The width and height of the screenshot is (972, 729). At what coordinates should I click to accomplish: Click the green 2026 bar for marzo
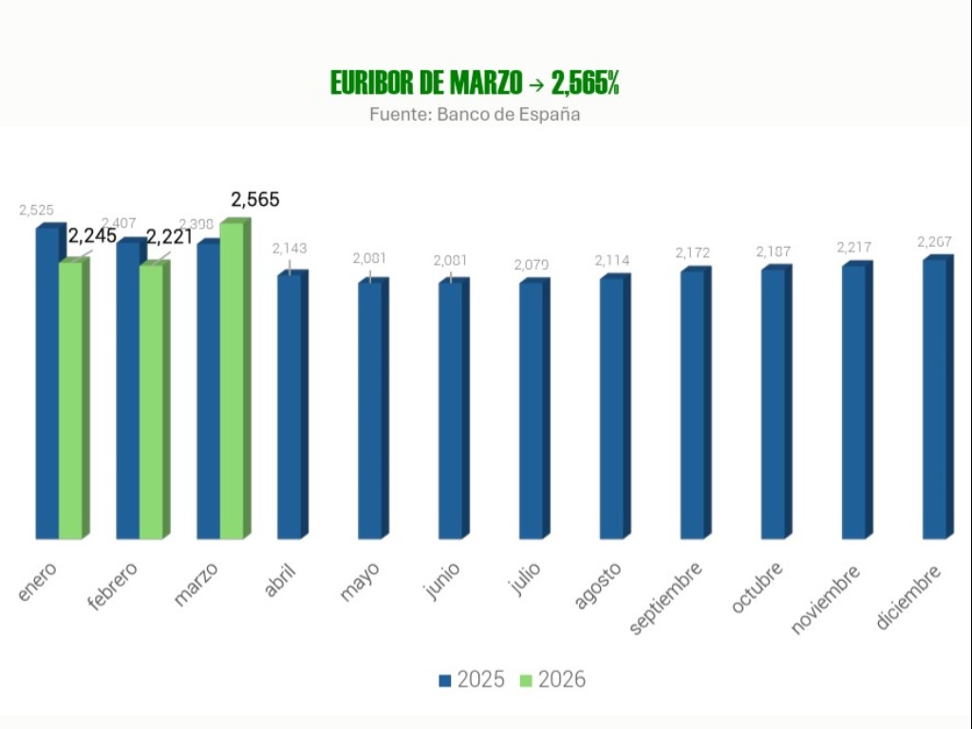[x=233, y=380]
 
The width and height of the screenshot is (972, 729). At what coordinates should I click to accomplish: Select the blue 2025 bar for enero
[x=47, y=380]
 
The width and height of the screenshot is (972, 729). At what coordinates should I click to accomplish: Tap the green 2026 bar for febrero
[x=152, y=399]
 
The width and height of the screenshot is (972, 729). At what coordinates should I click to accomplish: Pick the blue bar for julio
[x=532, y=408]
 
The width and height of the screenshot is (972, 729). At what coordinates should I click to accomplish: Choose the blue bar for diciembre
[x=935, y=399]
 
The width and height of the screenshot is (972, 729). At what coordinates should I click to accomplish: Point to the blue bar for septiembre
[x=693, y=403]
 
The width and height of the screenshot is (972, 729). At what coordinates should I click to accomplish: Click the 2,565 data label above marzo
[x=255, y=200]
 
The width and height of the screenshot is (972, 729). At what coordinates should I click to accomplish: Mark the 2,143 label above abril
[x=290, y=249]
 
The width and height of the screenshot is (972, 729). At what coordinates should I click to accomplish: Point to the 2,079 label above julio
[x=532, y=265]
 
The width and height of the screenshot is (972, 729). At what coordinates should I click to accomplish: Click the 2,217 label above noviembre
[x=854, y=248]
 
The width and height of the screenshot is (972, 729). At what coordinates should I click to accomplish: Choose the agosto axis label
[x=598, y=586]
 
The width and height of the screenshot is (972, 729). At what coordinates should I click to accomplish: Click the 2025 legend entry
[x=472, y=680]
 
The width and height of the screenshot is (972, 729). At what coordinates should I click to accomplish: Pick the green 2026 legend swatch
[x=526, y=681]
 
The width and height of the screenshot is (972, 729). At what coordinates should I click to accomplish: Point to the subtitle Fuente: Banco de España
[x=475, y=114]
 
